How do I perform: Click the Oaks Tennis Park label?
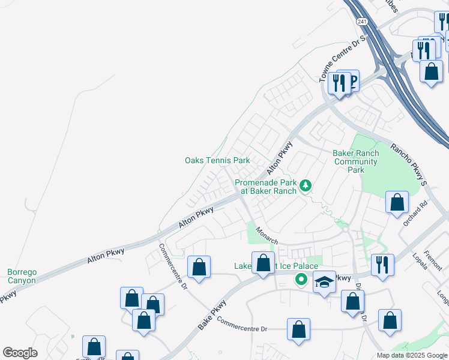click(217, 161)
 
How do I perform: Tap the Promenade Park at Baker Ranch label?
click(265, 187)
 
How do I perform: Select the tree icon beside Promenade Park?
click(306, 187)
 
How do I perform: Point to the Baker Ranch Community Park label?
click(356, 161)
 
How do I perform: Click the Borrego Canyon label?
click(22, 276)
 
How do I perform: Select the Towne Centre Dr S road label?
click(342, 59)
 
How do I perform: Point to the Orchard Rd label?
click(415, 214)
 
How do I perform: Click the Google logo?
click(20, 353)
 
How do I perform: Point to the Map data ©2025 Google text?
click(412, 355)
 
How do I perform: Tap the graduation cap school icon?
click(324, 283)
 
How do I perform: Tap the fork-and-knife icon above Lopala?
click(382, 265)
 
